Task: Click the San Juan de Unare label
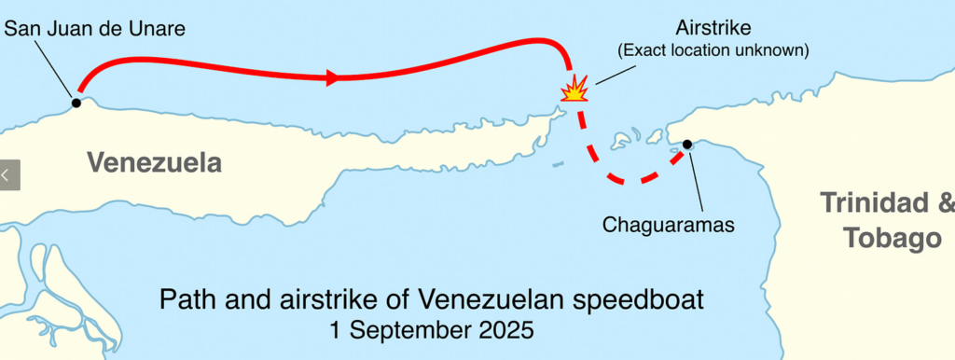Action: [x=95, y=29]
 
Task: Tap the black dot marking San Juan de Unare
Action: [x=76, y=103]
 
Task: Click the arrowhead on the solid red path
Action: [x=332, y=77]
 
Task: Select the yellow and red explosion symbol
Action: [x=574, y=90]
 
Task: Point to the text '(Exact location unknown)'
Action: [x=714, y=50]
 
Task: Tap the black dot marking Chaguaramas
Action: [x=687, y=145]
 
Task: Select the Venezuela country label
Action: [x=155, y=163]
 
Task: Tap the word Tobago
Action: [x=893, y=239]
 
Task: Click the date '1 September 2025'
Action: [x=431, y=330]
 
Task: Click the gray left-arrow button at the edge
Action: [x=9, y=174]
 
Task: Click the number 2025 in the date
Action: [x=504, y=330]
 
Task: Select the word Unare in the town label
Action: [x=158, y=29]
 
